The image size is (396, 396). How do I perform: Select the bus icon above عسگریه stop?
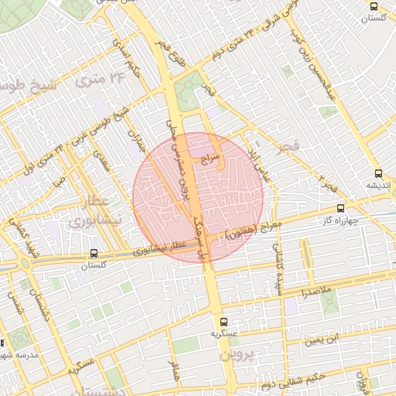click(x=224, y=321)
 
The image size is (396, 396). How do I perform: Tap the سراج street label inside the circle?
click(x=210, y=159)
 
